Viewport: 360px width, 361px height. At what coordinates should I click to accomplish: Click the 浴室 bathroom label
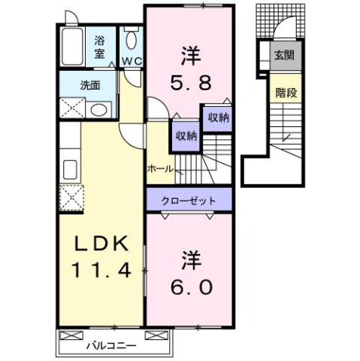tap(99, 48)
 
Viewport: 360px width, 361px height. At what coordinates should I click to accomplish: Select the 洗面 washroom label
tap(90, 83)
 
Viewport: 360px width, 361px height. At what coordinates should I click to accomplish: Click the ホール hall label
tap(160, 168)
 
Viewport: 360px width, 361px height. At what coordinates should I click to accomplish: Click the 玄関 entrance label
tap(284, 55)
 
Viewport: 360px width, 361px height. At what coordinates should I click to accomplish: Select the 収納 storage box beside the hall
tap(186, 136)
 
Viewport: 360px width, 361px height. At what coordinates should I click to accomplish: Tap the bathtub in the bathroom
tap(73, 49)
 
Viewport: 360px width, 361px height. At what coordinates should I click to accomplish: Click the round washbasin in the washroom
tap(98, 110)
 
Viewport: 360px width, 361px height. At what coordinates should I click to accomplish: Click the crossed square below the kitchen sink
tap(72, 199)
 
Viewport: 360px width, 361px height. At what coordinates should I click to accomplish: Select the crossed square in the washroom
tap(72, 109)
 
